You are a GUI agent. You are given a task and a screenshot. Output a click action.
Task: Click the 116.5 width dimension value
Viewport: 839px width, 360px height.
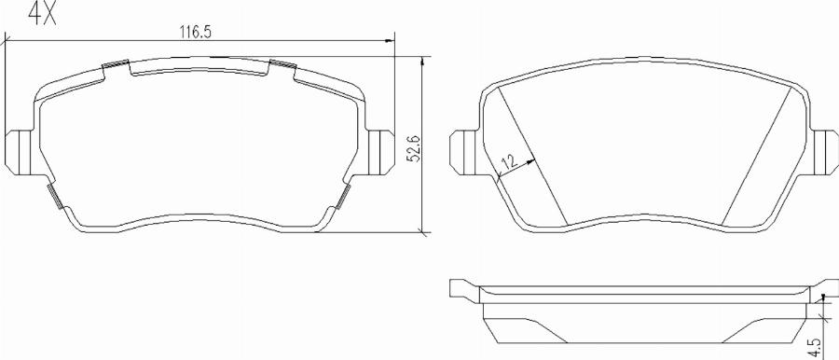196,33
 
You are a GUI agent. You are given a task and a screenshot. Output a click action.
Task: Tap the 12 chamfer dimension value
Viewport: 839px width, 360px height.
508,161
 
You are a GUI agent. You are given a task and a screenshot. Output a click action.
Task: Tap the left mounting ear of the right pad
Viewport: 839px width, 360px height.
463,148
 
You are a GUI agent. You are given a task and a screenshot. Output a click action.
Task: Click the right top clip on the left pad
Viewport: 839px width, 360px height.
282,66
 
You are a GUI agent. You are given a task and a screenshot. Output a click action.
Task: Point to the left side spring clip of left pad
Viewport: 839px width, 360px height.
55,196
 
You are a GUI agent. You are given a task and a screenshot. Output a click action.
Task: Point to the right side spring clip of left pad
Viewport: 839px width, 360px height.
343,196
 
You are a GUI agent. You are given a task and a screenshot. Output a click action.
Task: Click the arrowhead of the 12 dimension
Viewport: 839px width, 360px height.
530,160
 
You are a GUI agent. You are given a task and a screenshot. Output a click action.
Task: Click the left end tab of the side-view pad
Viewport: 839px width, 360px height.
461,288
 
